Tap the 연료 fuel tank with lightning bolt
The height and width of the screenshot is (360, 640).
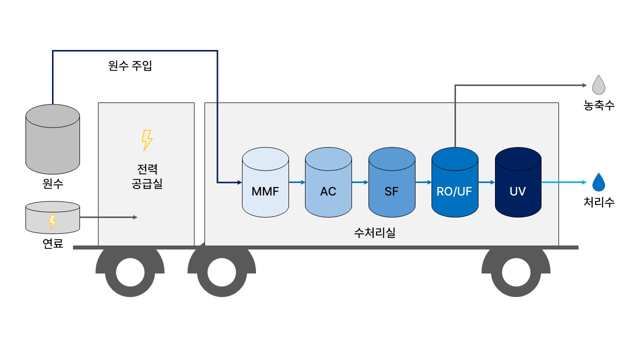click(52, 217)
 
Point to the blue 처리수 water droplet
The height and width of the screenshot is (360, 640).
click(598, 183)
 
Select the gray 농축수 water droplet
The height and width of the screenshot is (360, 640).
click(598, 85)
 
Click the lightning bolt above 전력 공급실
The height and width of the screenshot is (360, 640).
click(146, 140)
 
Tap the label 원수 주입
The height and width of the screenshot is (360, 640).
click(130, 66)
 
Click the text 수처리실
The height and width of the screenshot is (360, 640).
click(374, 232)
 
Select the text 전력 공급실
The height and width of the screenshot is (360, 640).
click(146, 176)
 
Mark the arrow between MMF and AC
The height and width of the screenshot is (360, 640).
click(297, 182)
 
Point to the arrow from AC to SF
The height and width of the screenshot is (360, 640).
click(360, 182)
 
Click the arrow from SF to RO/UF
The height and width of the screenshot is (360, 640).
click(423, 182)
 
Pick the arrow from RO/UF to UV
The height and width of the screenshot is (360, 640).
click(486, 182)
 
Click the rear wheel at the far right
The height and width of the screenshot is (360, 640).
click(516, 272)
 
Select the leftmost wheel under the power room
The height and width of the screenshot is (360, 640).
click(130, 272)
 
